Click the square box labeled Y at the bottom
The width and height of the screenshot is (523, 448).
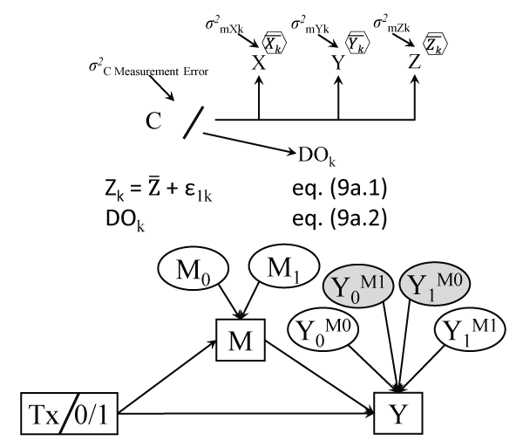(x=399, y=408)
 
